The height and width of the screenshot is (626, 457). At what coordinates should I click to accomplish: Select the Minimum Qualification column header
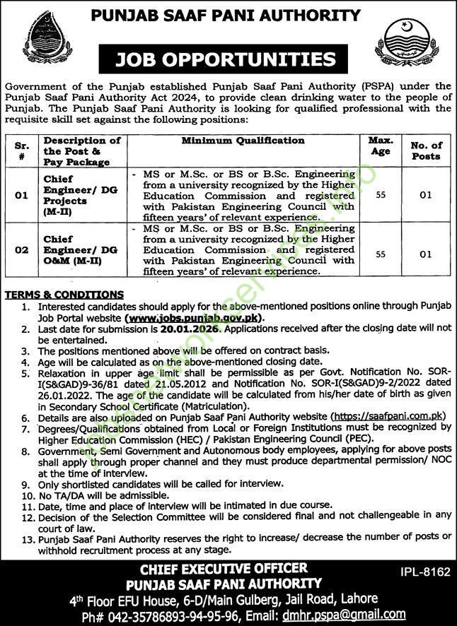(243, 141)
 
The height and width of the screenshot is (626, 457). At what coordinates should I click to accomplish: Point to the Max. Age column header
(381, 146)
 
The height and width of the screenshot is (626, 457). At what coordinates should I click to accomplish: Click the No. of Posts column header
(425, 150)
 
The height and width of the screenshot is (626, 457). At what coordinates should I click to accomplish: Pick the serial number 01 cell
(23, 194)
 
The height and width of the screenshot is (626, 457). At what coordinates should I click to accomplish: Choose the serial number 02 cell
(23, 249)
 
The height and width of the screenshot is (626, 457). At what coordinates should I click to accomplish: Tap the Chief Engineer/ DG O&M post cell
(73, 249)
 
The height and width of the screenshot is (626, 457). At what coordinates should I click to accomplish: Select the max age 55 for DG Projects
(381, 194)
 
